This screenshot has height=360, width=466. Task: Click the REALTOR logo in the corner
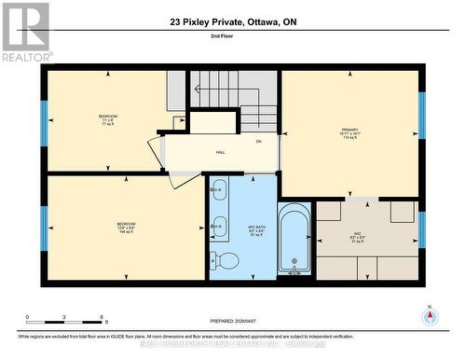(26, 32)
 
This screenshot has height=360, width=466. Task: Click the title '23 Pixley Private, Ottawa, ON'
(235, 21)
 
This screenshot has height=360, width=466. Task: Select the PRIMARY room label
(349, 133)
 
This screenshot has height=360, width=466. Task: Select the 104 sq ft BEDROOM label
(126, 228)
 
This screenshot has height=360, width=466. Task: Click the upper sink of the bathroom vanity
(219, 190)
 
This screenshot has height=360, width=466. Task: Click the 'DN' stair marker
(258, 142)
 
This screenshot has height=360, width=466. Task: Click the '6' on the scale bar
(101, 317)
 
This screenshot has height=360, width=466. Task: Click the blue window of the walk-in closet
(421, 229)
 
